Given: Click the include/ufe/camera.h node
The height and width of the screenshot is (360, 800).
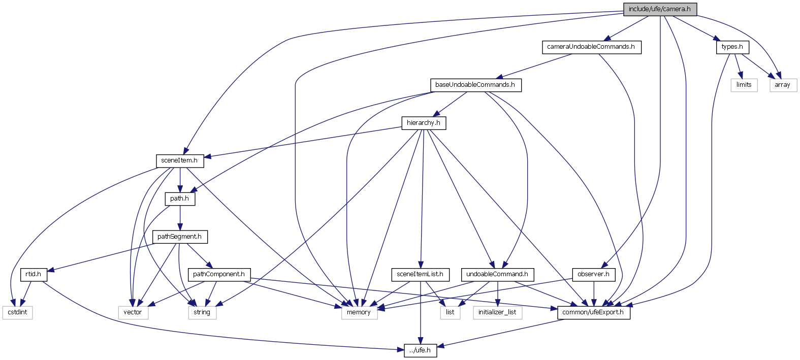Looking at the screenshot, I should (x=659, y=9).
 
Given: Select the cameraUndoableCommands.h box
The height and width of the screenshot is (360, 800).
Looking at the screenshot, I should (x=591, y=47).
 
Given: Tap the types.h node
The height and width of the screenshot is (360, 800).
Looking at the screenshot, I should (x=732, y=47).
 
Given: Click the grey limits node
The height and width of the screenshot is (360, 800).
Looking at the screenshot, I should (x=744, y=85).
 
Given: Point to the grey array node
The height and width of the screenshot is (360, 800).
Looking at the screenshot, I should (x=782, y=85).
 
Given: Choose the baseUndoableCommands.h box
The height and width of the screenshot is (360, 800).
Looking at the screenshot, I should (x=475, y=85).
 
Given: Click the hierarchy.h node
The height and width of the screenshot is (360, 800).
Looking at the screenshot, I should (x=423, y=123).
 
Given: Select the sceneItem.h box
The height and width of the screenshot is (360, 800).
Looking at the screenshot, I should (x=179, y=160).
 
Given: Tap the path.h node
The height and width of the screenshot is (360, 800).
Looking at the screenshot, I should (x=179, y=199).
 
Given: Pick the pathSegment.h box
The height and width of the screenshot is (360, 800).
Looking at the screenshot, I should (x=179, y=237).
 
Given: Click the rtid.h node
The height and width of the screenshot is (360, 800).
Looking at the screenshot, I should (x=34, y=274).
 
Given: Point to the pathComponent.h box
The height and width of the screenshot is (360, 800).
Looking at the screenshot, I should (x=218, y=274).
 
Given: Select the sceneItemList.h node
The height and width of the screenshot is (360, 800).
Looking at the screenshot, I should (x=420, y=274).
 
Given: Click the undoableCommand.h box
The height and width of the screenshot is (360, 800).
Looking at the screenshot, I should (x=497, y=274).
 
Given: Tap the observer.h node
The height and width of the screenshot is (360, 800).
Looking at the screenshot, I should (x=593, y=274).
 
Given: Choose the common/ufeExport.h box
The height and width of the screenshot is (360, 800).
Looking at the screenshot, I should (x=593, y=312).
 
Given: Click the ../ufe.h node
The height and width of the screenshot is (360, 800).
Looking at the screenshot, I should (x=420, y=350).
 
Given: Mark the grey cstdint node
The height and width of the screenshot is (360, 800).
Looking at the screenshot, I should (x=18, y=312).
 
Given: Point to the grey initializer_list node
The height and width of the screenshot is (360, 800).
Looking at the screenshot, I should (x=497, y=312).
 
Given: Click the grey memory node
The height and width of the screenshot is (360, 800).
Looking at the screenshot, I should (x=359, y=312).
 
